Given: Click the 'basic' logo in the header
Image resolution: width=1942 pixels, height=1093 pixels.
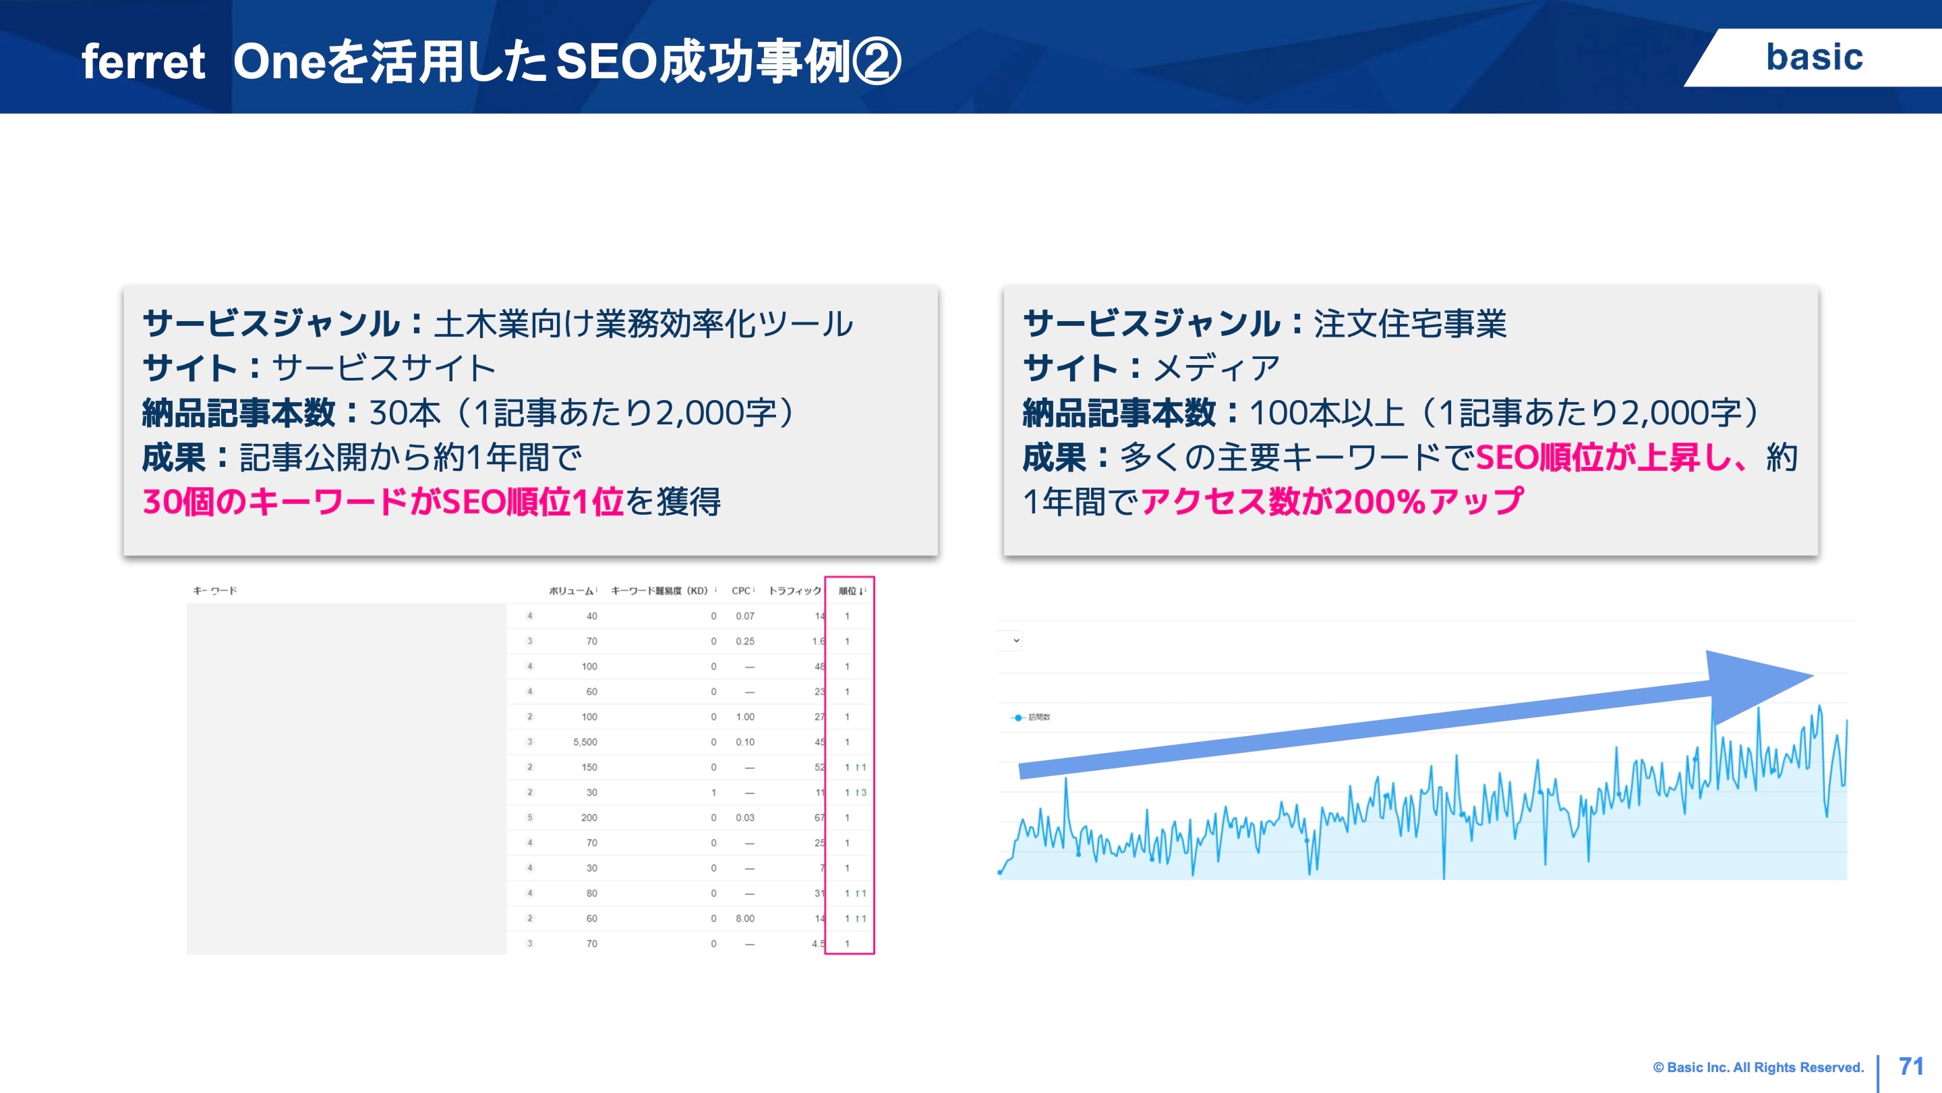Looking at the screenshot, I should pyautogui.click(x=1814, y=57).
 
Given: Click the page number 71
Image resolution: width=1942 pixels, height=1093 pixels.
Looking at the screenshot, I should pyautogui.click(x=1911, y=1067).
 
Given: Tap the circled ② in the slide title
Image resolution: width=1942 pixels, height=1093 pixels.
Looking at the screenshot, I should pyautogui.click(x=876, y=62).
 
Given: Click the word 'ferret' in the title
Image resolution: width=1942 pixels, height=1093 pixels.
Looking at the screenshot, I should pyautogui.click(x=143, y=62).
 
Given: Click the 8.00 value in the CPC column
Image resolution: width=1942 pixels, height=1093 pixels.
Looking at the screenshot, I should pyautogui.click(x=745, y=919).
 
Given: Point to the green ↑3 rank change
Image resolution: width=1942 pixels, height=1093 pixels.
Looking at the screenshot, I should pyautogui.click(x=861, y=793).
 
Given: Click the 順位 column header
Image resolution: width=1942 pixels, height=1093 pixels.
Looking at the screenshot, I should pyautogui.click(x=850, y=590).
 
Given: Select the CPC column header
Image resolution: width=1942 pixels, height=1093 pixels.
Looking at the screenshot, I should pyautogui.click(x=741, y=590).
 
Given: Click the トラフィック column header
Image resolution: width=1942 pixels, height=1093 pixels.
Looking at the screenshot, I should pyautogui.click(x=794, y=590).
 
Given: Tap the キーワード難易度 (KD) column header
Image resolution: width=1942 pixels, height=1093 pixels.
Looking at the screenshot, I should pyautogui.click(x=659, y=590).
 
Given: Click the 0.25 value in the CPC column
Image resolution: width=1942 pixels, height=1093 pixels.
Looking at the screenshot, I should pyautogui.click(x=745, y=641).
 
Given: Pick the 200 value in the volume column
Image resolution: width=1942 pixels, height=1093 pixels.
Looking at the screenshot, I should pyautogui.click(x=589, y=818).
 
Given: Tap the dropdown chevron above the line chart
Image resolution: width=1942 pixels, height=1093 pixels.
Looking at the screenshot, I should pyautogui.click(x=1016, y=640).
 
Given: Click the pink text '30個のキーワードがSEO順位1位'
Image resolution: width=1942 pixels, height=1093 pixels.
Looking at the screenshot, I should pyautogui.click(x=383, y=501).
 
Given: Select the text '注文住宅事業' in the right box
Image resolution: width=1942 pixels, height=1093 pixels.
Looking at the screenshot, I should pyautogui.click(x=1410, y=324).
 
